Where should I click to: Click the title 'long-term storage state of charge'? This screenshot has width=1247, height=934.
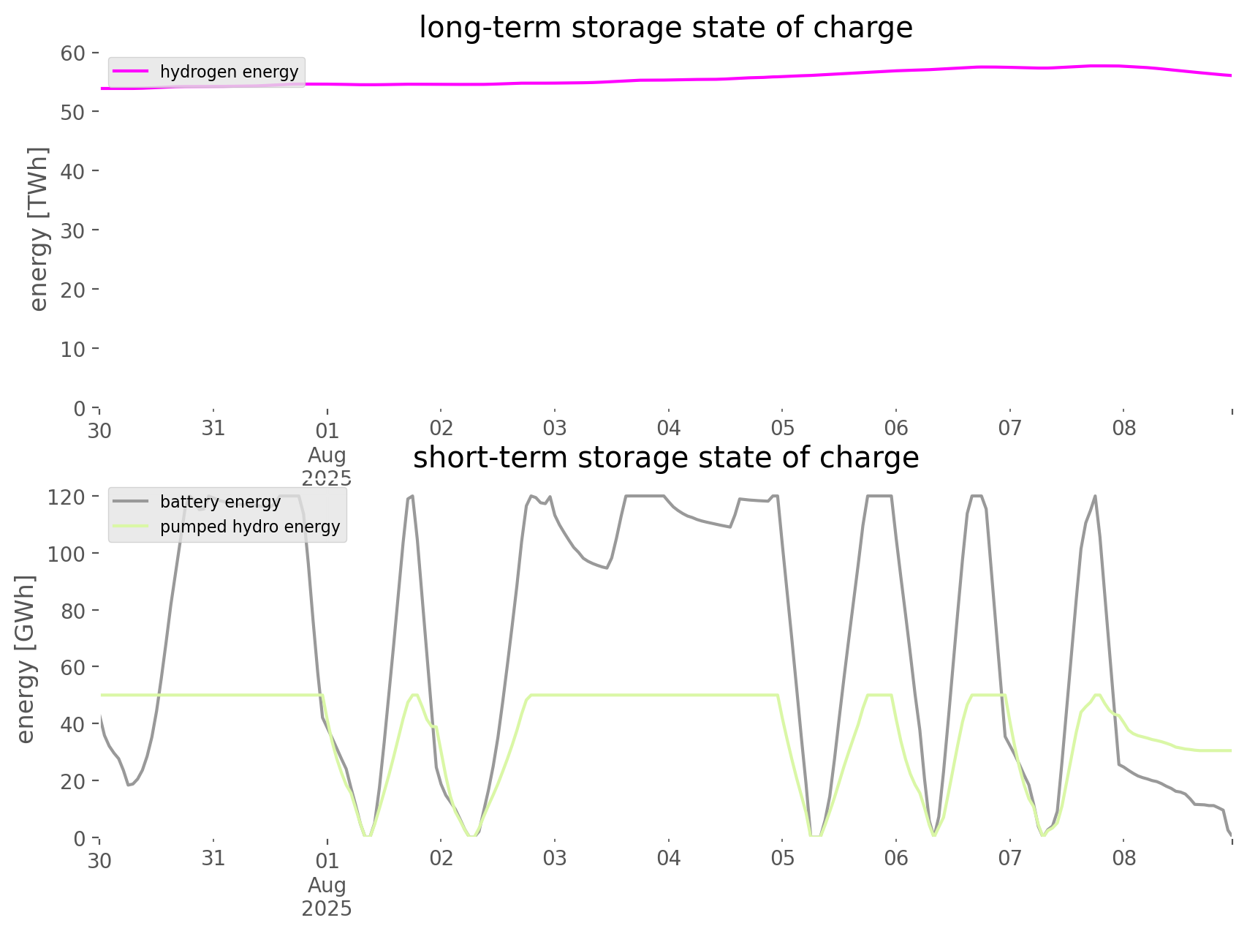665,28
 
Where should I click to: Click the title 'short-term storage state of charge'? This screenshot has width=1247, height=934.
665,458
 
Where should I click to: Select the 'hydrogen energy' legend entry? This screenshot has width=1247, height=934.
229,72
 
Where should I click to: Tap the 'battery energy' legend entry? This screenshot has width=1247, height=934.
220,502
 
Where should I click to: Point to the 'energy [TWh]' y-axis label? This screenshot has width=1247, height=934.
39,229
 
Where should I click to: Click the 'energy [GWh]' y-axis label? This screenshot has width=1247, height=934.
26,659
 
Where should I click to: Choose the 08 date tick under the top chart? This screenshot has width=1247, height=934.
1123,429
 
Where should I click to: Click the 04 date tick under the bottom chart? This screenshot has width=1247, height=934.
668,859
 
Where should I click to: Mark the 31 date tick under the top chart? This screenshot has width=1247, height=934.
213,429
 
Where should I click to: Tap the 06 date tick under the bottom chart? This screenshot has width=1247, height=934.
896,859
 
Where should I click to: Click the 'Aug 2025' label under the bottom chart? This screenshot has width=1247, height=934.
327,897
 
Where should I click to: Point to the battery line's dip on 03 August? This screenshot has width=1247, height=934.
606,568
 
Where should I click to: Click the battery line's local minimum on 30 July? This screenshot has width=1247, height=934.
129,785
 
